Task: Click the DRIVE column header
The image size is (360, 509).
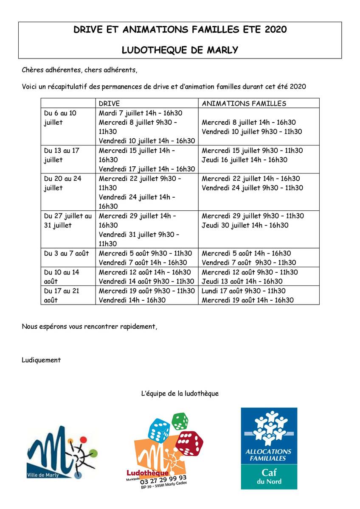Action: pyautogui.click(x=109, y=103)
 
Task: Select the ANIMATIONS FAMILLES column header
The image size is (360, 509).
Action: pyautogui.click(x=244, y=103)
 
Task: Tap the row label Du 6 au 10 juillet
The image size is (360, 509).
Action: pyautogui.click(x=60, y=117)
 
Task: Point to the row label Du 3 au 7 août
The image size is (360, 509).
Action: pyautogui.click(x=66, y=253)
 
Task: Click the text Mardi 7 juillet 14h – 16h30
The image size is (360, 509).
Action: pyautogui.click(x=141, y=113)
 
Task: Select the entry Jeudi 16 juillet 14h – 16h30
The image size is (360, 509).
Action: pyautogui.click(x=245, y=160)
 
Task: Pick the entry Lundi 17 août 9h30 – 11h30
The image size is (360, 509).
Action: pyautogui.click(x=244, y=291)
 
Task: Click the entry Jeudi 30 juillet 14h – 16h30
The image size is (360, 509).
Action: pyautogui.click(x=245, y=225)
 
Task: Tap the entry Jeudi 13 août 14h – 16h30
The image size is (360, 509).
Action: pyautogui.click(x=242, y=281)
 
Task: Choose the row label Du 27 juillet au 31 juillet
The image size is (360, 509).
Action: pyautogui.click(x=67, y=221)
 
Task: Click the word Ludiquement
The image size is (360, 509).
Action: pyautogui.click(x=41, y=360)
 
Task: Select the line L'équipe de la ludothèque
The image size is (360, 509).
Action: pyautogui.click(x=180, y=394)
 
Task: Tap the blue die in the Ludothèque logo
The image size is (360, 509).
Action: pyautogui.click(x=159, y=429)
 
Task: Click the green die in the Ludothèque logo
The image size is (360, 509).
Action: pyautogui.click(x=180, y=421)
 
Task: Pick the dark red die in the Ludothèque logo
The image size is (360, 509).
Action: pyautogui.click(x=189, y=442)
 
